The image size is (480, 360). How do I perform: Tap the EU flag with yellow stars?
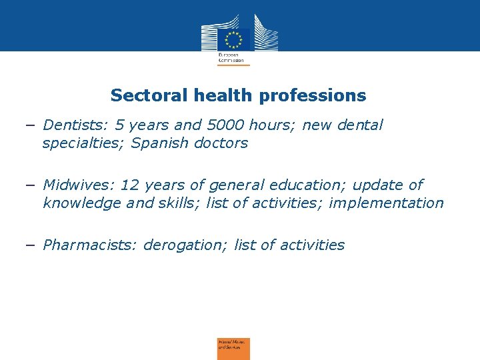point(233,39)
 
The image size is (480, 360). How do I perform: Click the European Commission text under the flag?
point(231,56)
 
